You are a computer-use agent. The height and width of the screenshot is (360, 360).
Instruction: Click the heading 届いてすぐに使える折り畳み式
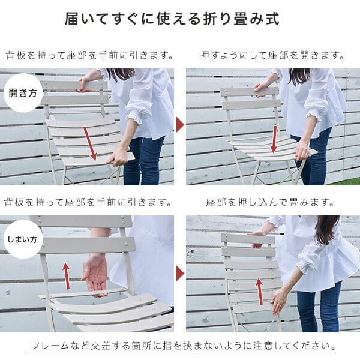click(172, 19)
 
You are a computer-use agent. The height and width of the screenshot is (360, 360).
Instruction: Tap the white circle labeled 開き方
click(23, 93)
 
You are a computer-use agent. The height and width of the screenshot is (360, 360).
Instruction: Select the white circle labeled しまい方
click(23, 239)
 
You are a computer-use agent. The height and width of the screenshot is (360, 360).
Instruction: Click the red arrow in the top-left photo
click(90, 143)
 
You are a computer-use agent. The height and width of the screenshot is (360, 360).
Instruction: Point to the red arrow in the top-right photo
click(274, 139)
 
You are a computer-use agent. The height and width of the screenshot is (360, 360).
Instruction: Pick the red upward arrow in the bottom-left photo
click(66, 276)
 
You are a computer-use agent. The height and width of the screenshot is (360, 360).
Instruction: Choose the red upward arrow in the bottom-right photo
click(259, 292)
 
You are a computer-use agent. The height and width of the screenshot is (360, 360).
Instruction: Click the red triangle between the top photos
click(180, 125)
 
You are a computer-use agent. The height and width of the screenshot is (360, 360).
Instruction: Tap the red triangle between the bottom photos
click(180, 274)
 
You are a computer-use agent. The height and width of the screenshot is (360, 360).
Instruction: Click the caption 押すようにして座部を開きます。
click(272, 56)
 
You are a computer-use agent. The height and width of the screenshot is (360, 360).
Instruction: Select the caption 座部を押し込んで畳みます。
click(270, 203)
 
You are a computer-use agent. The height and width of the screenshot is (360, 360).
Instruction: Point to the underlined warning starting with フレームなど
click(181, 346)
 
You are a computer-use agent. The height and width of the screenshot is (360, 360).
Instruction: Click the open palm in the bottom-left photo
click(95, 277)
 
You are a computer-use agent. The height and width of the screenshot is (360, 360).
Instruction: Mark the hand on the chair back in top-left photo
click(84, 83)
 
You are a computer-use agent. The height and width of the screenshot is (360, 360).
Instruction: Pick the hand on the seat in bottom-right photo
click(278, 302)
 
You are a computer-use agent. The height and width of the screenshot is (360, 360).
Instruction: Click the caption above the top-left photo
click(89, 56)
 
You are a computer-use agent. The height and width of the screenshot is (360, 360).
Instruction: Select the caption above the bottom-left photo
click(88, 203)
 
